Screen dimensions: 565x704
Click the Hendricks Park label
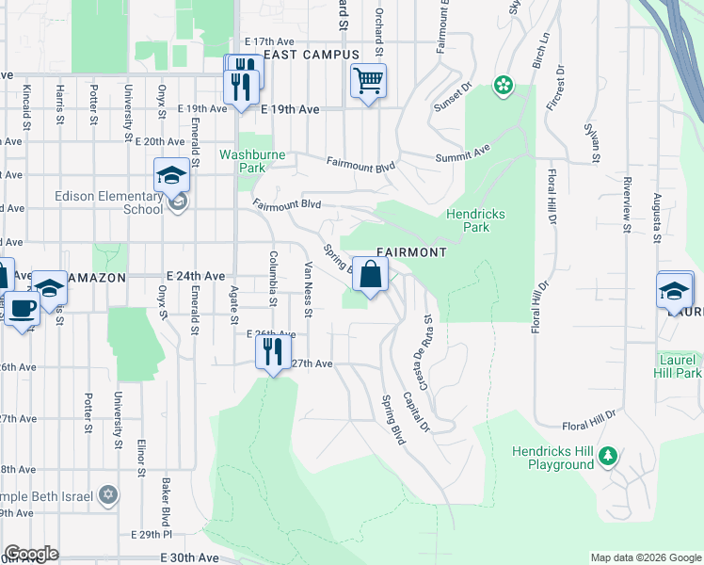pos(475,220)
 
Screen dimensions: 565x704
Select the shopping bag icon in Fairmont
pos(371,275)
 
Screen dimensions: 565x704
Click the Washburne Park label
pos(242,160)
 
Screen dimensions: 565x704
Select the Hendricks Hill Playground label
pos(553,458)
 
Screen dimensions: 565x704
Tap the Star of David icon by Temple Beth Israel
pos(108,494)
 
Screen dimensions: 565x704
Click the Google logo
pos(31,554)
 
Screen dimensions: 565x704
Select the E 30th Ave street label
pos(196,557)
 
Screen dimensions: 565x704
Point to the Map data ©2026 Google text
pos(646,557)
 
